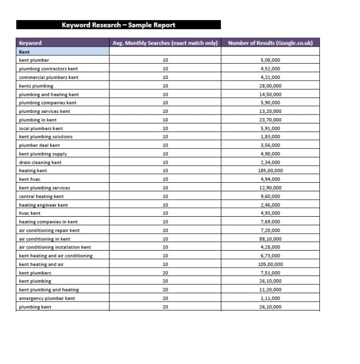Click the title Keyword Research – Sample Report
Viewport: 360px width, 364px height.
point(118,25)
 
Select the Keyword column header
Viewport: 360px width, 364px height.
point(30,43)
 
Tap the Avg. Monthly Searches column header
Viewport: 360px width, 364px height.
point(165,43)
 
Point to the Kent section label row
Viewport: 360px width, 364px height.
point(24,52)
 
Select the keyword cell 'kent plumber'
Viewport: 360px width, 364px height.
point(34,60)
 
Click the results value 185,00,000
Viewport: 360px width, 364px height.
point(271,171)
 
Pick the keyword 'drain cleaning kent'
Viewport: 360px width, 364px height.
point(40,162)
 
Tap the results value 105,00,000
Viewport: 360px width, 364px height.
point(271,264)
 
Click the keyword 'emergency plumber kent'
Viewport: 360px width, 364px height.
point(47,298)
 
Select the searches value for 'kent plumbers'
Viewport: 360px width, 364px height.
point(165,272)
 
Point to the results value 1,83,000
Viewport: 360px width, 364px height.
point(271,137)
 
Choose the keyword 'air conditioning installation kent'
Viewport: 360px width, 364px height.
point(55,247)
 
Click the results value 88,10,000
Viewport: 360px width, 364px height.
point(271,238)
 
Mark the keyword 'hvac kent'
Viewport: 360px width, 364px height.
point(30,213)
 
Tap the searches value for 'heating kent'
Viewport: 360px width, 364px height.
point(165,171)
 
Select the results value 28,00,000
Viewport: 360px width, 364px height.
point(271,86)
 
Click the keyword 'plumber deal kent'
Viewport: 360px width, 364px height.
point(39,145)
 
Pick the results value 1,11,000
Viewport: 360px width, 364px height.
point(271,298)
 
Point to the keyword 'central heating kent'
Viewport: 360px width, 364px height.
point(41,196)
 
